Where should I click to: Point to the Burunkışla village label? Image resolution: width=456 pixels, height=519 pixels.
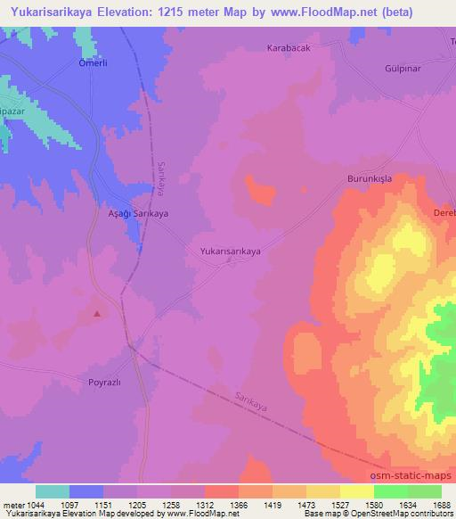[x=369, y=179]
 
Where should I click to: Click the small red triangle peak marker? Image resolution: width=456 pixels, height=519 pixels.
[x=97, y=313]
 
